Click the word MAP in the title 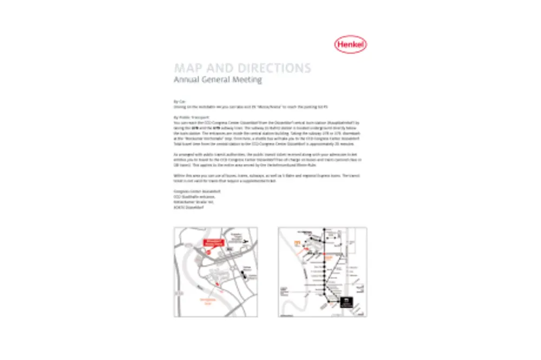tap(188, 68)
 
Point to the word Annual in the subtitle tap(187, 80)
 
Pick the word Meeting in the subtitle tap(249, 80)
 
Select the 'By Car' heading tap(179, 101)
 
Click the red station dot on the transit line tap(325, 258)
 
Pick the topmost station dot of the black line tap(324, 231)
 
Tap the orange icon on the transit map tap(296, 243)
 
